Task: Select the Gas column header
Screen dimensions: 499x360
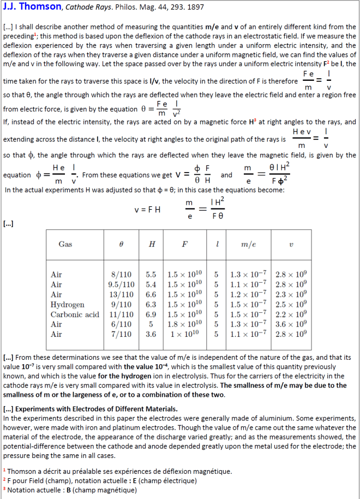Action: tap(65, 244)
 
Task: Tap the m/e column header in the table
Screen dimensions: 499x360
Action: tap(249, 244)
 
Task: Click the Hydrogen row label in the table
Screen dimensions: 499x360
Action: tap(67, 305)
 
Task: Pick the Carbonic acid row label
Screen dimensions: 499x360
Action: tap(75, 314)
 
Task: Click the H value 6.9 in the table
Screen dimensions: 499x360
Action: tap(151, 314)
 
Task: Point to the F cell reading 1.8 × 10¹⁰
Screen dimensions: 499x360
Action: tap(185, 324)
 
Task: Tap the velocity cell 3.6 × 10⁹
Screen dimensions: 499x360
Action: tap(291, 324)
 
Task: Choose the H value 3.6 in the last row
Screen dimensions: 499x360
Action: tap(151, 334)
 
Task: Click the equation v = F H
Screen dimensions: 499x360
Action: tap(147, 210)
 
